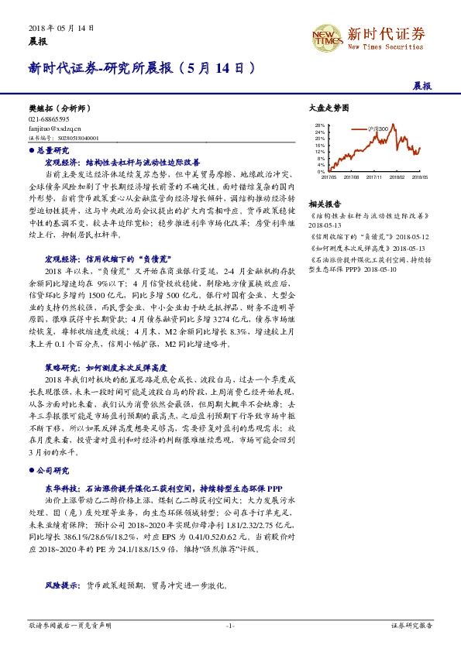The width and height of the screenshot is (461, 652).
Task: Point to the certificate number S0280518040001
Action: click(x=77, y=138)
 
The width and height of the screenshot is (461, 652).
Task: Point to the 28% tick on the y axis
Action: click(x=320, y=125)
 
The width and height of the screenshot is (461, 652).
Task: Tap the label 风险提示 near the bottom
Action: click(x=62, y=586)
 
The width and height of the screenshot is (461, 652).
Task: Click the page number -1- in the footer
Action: click(x=230, y=623)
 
